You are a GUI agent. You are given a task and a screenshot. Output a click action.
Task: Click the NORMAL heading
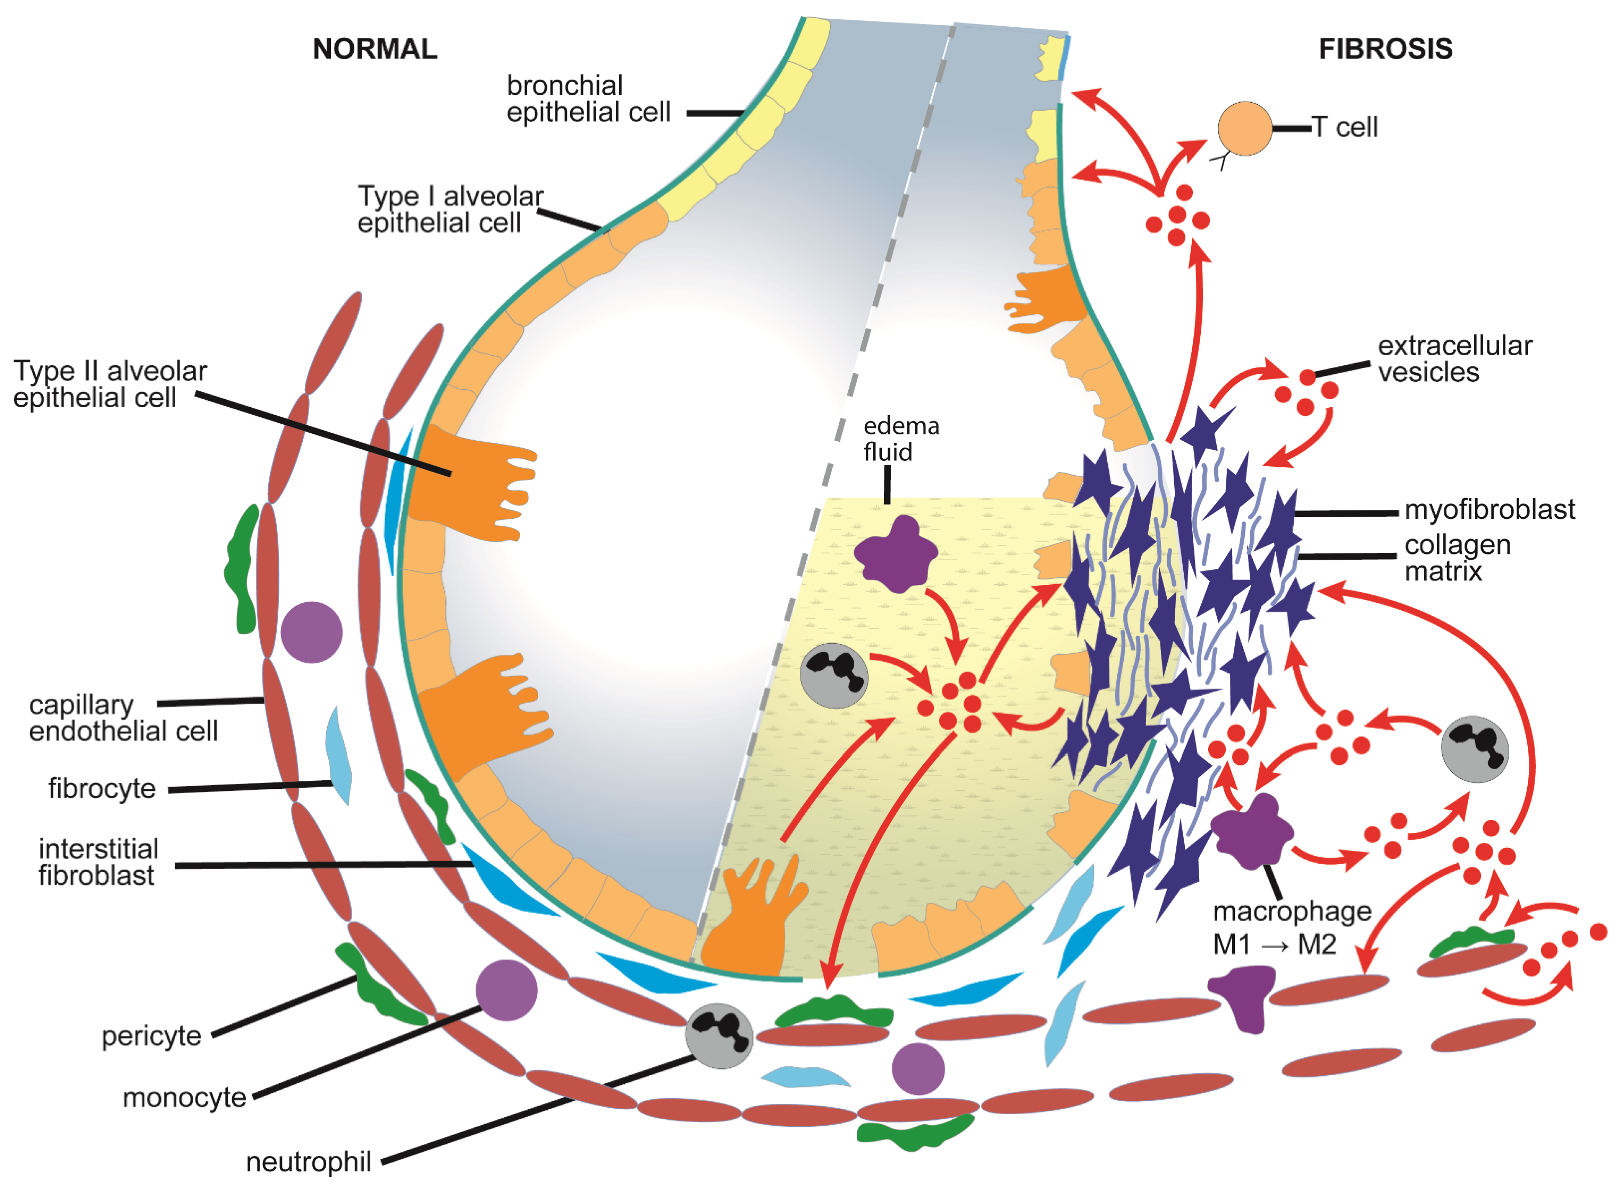tap(375, 49)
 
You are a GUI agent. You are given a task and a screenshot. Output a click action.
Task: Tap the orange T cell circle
tap(1244, 128)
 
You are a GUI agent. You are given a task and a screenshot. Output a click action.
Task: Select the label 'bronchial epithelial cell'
tap(588, 99)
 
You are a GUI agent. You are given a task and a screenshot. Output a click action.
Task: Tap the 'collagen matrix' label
tap(1457, 558)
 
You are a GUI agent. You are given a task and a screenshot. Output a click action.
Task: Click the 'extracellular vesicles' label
tap(1454, 359)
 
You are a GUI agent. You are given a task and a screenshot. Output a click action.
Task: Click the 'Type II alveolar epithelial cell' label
tap(110, 384)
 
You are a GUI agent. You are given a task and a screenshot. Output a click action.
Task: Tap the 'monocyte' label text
tap(184, 1097)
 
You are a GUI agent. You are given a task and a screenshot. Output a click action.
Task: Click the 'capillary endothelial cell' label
tap(123, 718)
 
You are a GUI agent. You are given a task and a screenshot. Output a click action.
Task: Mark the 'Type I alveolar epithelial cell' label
tap(450, 209)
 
